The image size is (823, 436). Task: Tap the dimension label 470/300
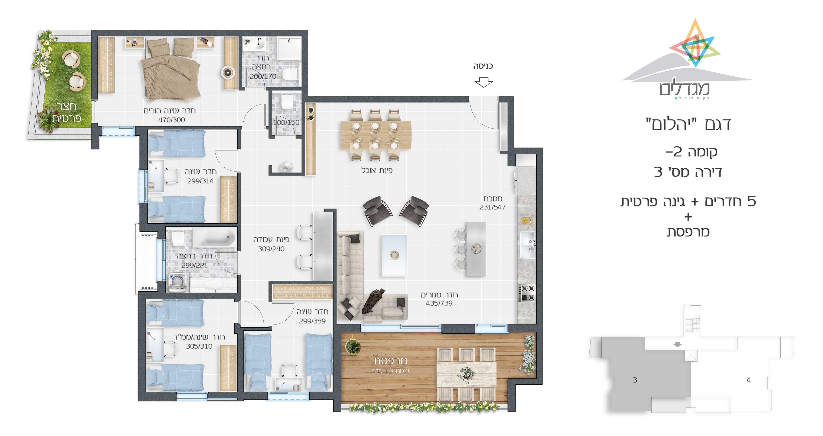(172, 120)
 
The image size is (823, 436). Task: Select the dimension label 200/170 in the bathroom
(263, 76)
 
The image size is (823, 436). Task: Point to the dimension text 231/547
(492, 207)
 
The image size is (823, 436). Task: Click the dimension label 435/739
(439, 303)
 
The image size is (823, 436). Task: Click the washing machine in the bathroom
(178, 282)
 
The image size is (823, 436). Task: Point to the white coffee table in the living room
(394, 255)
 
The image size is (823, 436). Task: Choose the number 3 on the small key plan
(635, 380)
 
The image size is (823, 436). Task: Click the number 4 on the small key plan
(749, 380)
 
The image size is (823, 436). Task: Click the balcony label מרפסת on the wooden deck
(391, 361)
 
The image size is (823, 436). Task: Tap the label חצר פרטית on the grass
(66, 112)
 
